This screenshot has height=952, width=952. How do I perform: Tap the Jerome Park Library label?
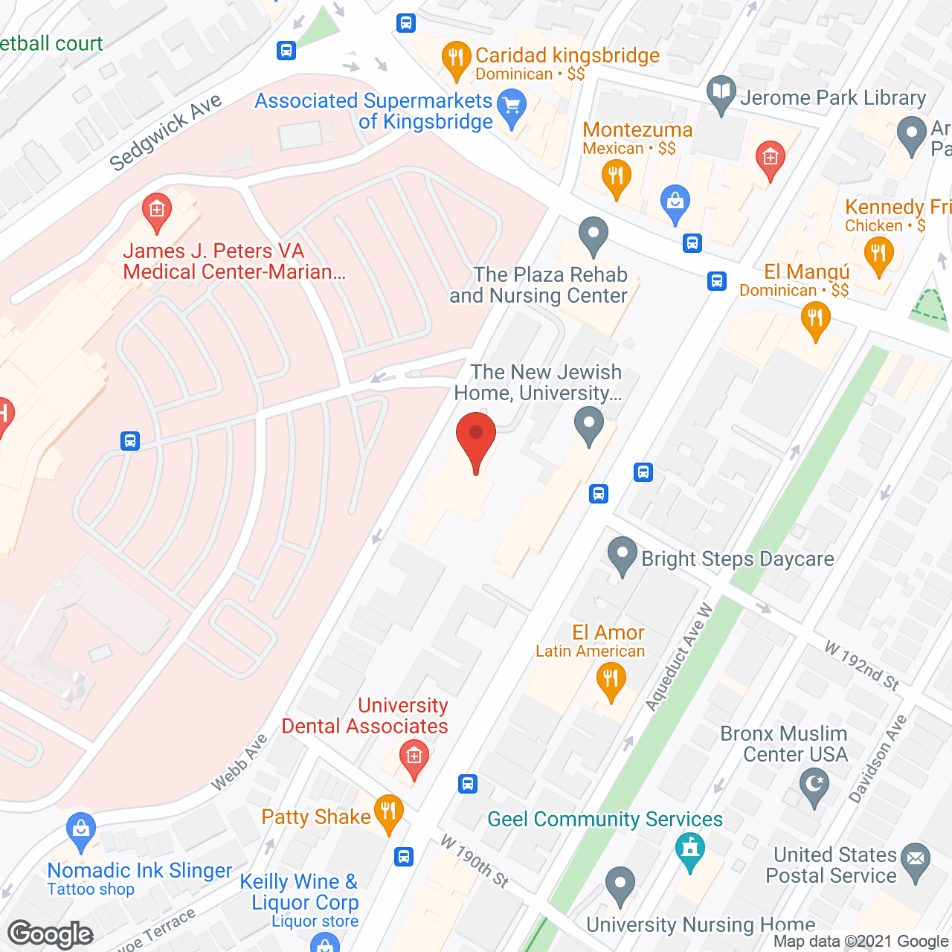[x=833, y=97]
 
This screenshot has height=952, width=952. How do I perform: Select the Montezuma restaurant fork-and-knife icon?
[x=616, y=178]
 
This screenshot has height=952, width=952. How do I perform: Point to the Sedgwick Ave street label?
[x=165, y=132]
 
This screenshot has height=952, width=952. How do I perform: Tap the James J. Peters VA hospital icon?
[x=157, y=210]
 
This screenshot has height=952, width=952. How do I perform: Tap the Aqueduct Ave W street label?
[x=678, y=657]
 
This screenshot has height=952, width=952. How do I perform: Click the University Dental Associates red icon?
[x=414, y=758]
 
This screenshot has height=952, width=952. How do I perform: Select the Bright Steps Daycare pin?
[x=623, y=555]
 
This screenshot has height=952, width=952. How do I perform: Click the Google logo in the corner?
[x=51, y=934]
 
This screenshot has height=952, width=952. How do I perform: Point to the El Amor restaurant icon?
[x=611, y=681]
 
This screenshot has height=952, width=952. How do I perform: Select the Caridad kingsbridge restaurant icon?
[x=455, y=59]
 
